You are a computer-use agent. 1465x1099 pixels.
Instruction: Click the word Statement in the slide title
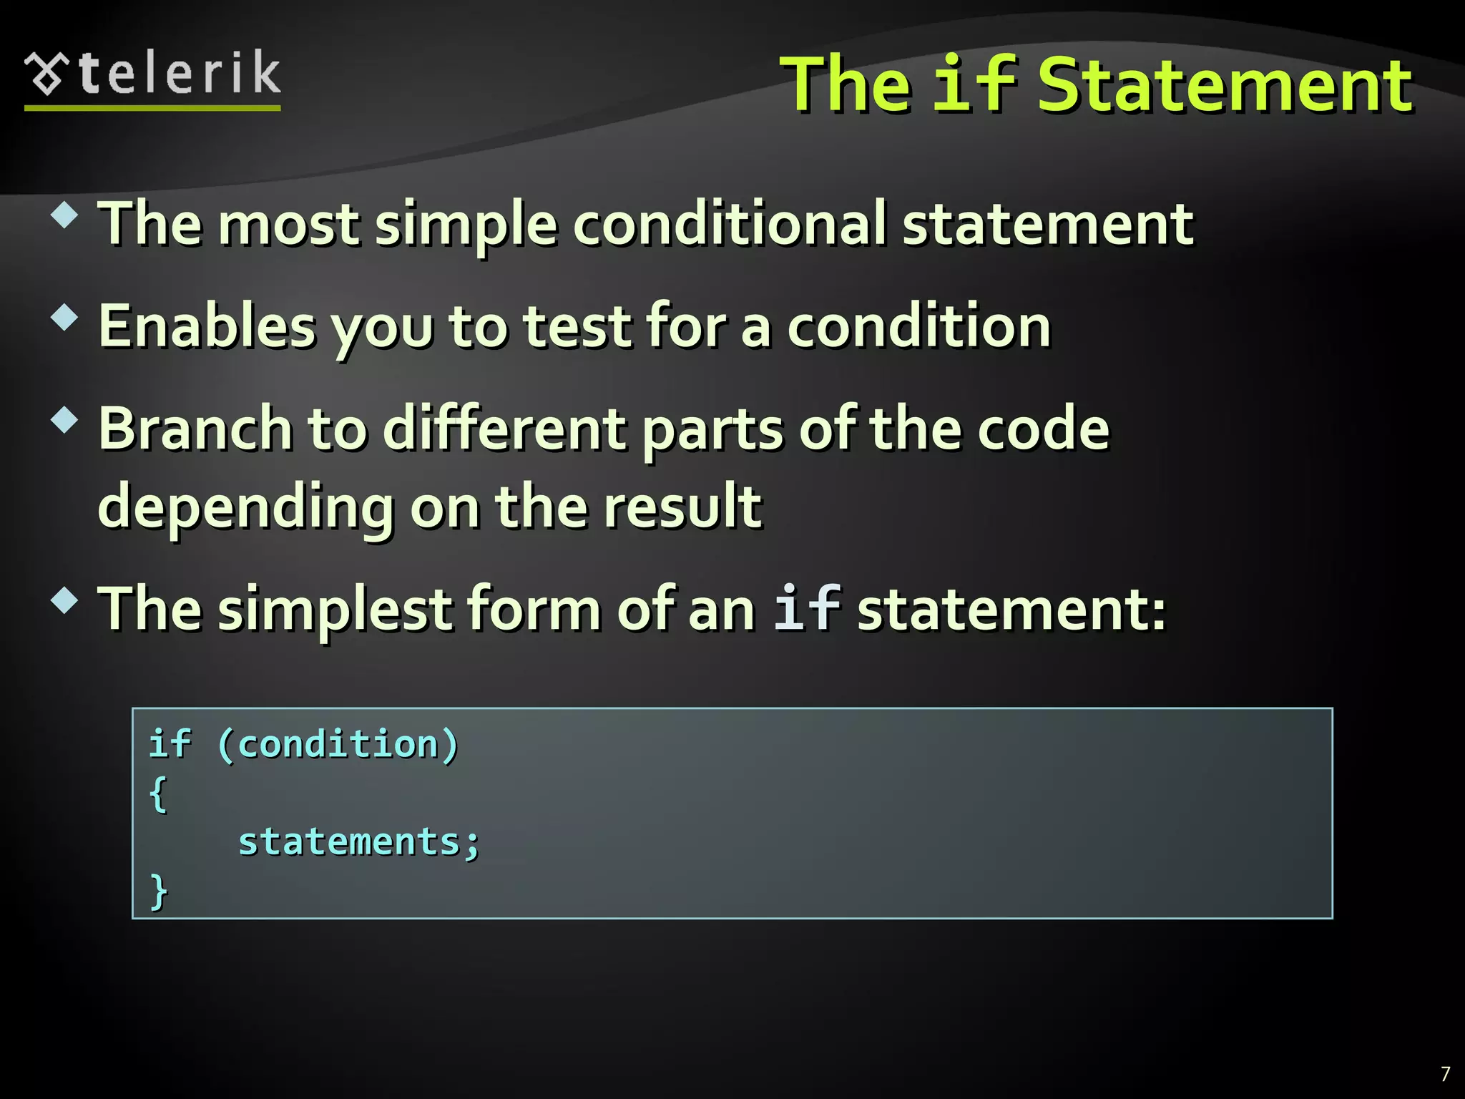coord(1225,86)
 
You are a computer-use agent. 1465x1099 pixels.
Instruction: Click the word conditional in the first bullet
coord(730,223)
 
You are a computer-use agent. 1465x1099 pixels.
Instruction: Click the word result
coord(682,506)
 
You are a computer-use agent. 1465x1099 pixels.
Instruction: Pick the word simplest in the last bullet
coord(335,609)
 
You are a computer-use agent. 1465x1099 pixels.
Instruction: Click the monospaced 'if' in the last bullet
coord(807,607)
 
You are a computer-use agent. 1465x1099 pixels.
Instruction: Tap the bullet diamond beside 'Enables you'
coord(64,318)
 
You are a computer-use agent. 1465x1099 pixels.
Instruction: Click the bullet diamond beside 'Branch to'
coord(64,420)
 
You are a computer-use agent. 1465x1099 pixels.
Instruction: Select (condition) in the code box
coord(337,744)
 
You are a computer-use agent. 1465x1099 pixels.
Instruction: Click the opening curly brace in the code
coord(158,793)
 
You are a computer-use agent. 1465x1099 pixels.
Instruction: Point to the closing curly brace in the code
coord(158,892)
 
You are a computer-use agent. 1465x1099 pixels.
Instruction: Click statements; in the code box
coord(358,842)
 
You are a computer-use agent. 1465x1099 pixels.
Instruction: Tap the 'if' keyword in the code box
coord(170,743)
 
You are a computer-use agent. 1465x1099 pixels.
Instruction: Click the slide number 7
coord(1446,1074)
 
